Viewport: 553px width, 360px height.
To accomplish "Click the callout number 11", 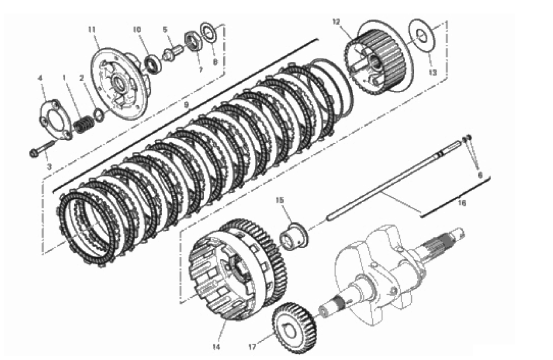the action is (92, 29).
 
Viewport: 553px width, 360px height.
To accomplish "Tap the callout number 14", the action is (216, 347).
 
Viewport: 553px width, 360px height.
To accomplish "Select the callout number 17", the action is (252, 347).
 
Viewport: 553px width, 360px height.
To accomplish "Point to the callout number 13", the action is (433, 72).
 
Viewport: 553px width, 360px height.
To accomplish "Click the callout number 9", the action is (187, 105).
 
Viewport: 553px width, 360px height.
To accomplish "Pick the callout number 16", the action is (463, 203).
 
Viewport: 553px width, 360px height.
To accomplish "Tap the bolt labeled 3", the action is (42, 148).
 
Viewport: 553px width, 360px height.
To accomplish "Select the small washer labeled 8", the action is (208, 33).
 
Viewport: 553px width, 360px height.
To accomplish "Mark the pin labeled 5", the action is (172, 53).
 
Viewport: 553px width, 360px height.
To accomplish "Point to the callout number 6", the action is (479, 175).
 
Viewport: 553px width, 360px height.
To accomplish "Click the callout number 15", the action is (279, 200).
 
